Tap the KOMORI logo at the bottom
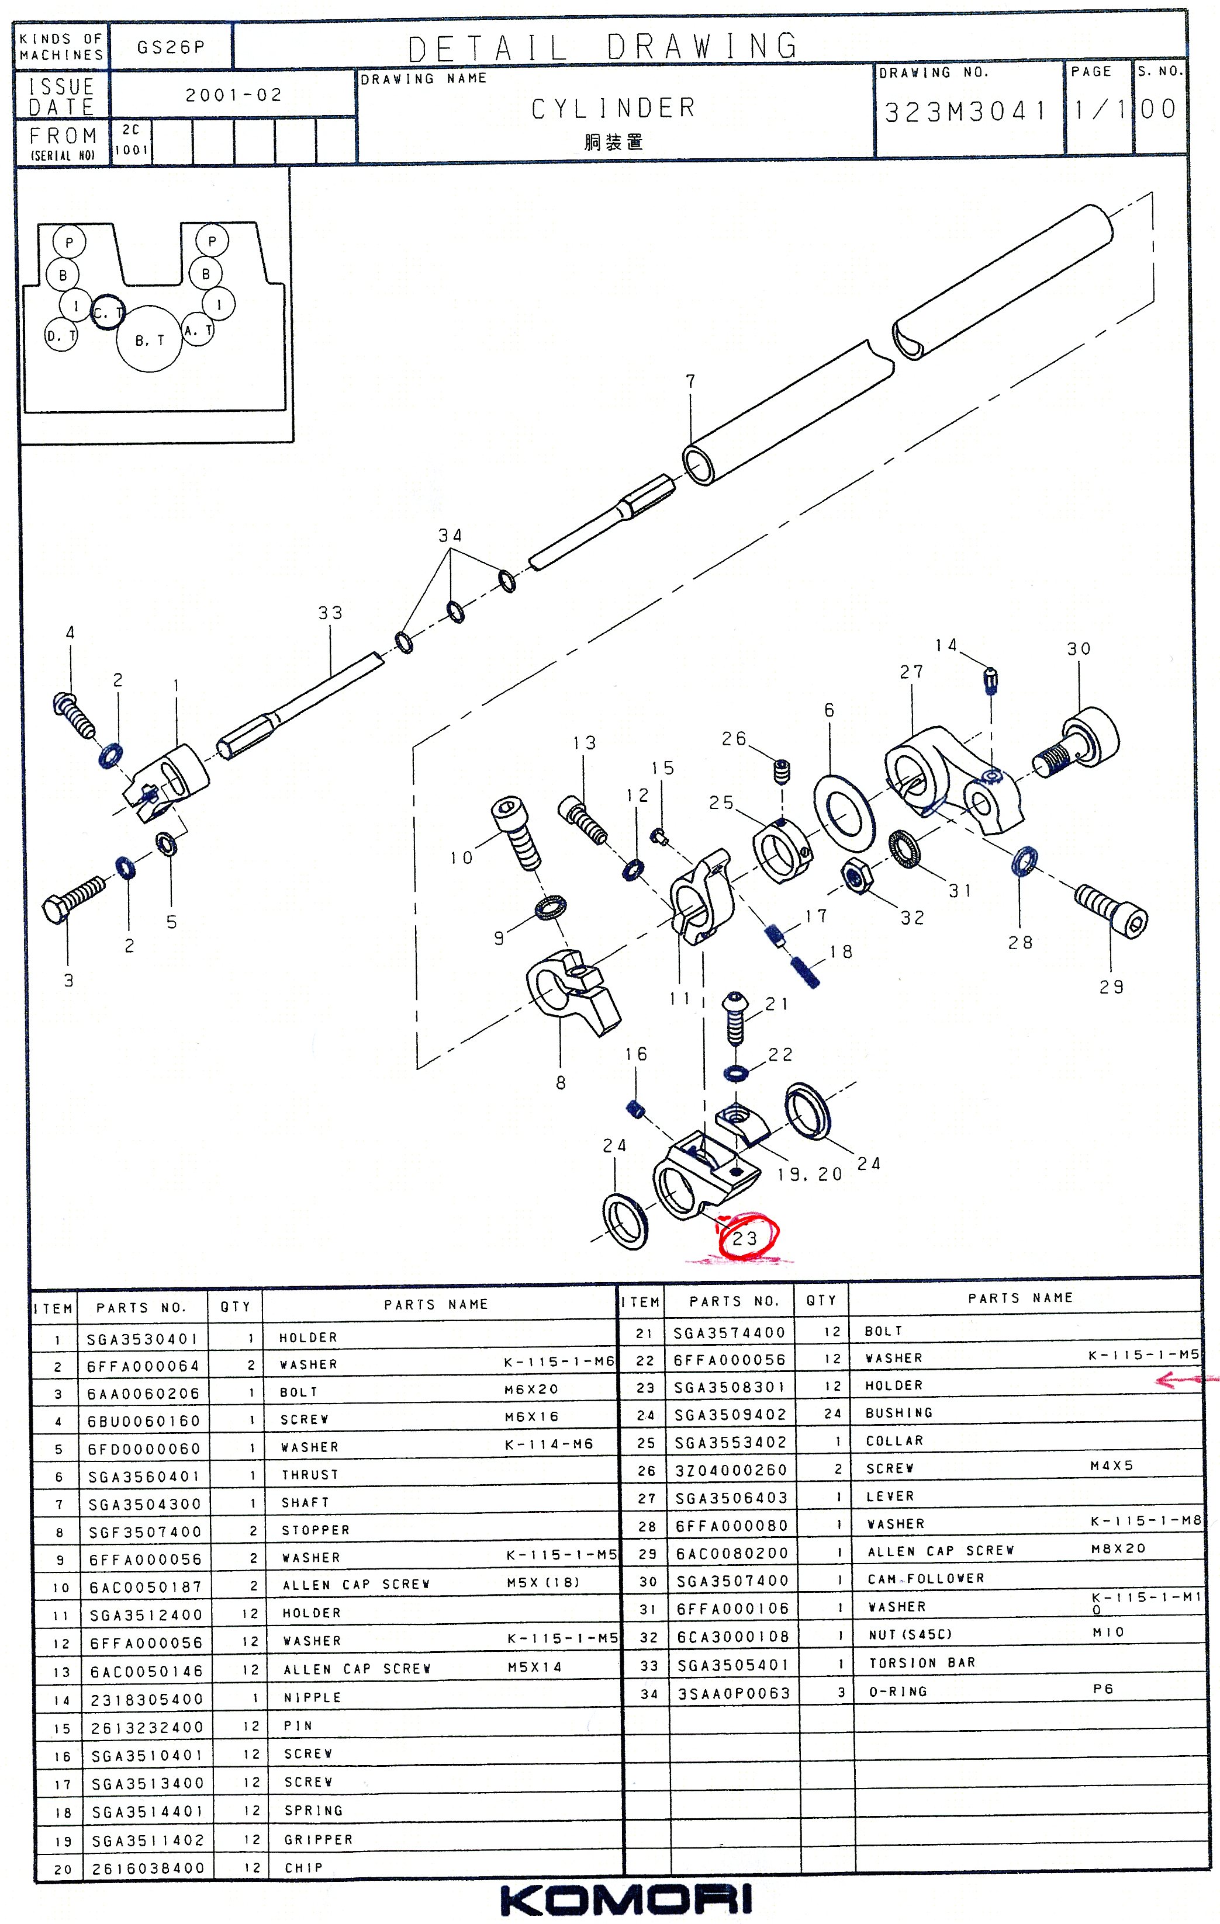(x=626, y=1900)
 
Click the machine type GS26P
(x=170, y=47)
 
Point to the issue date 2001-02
(x=233, y=95)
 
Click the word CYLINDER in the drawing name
(x=614, y=108)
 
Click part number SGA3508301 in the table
(x=729, y=1387)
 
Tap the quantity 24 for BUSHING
(x=832, y=1414)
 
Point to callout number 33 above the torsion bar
(x=330, y=613)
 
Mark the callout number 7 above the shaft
(x=691, y=382)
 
